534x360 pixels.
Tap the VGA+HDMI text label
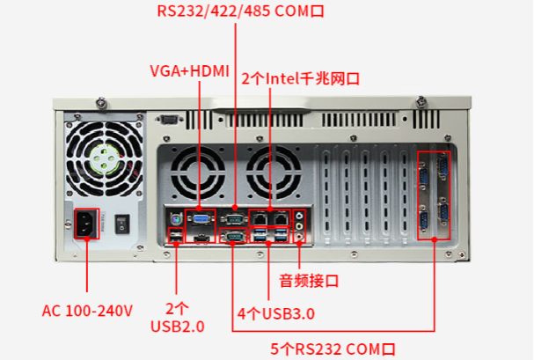coord(189,70)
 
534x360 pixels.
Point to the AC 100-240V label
coord(87,311)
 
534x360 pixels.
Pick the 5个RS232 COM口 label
coord(333,349)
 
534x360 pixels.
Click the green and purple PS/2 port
coord(174,217)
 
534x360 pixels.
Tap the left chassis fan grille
coord(197,171)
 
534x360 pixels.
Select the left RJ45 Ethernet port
coord(261,217)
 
